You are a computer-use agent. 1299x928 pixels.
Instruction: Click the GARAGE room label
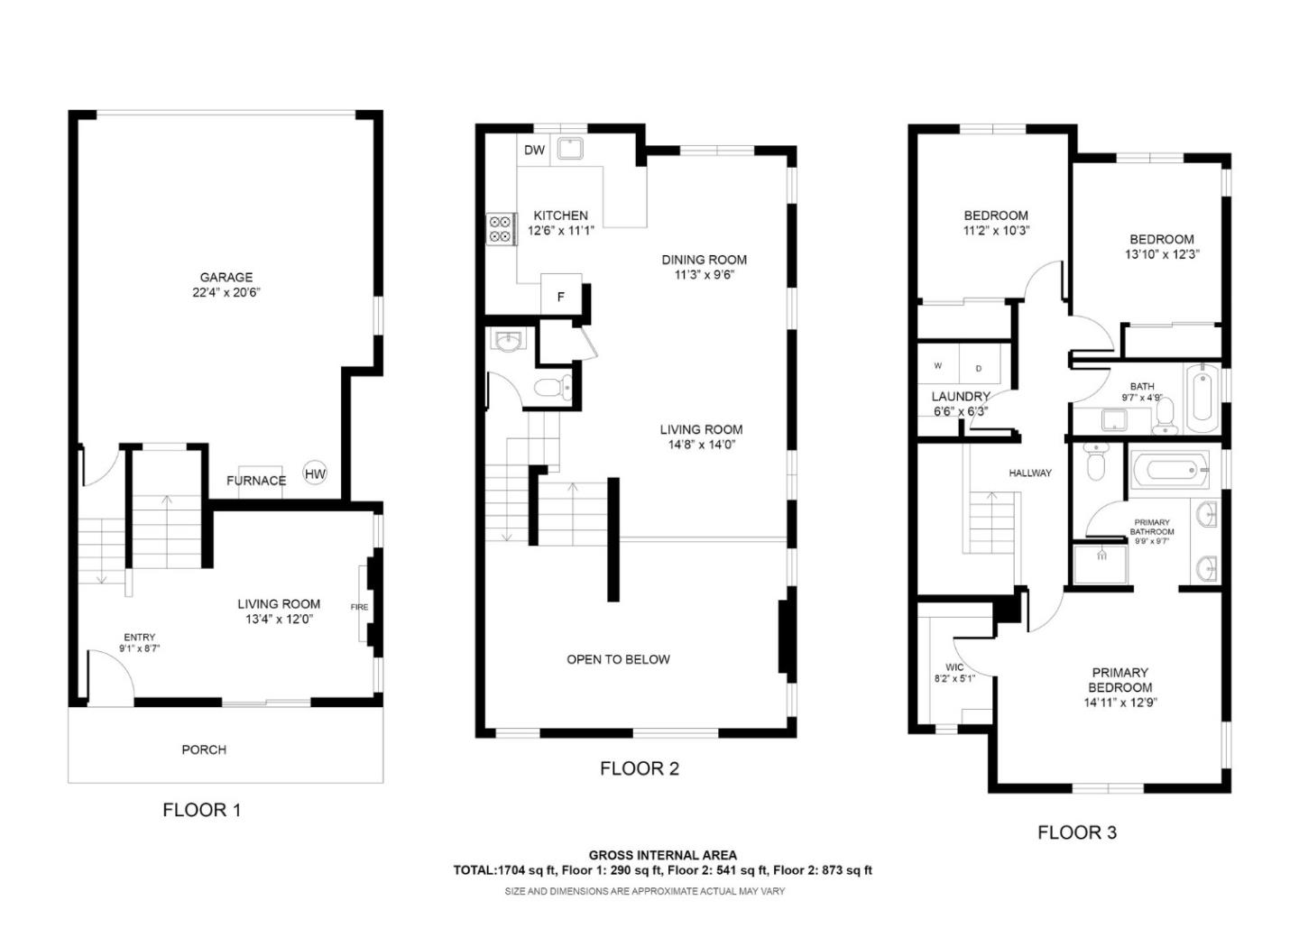pyautogui.click(x=226, y=277)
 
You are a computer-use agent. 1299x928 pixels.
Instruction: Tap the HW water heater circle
pyautogui.click(x=315, y=473)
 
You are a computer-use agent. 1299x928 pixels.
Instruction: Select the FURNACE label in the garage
pyautogui.click(x=256, y=481)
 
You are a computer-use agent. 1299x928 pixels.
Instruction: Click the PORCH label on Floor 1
pyautogui.click(x=204, y=749)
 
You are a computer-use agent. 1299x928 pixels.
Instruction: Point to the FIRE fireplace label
pyautogui.click(x=359, y=607)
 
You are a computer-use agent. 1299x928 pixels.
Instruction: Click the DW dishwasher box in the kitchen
pyautogui.click(x=534, y=150)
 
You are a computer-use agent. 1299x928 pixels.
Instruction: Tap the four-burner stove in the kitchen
pyautogui.click(x=501, y=229)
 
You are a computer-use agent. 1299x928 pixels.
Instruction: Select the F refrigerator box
pyautogui.click(x=560, y=296)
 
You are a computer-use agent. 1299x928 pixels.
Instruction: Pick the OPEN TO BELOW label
pyautogui.click(x=618, y=659)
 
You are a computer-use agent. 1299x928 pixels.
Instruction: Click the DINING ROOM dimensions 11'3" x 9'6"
pyautogui.click(x=704, y=274)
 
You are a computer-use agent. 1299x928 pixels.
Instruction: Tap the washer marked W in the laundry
pyautogui.click(x=938, y=366)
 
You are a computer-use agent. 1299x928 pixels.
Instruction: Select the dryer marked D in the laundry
pyautogui.click(x=980, y=367)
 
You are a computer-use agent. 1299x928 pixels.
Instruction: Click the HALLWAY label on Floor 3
pyautogui.click(x=1029, y=473)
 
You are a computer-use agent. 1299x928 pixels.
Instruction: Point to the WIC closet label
pyautogui.click(x=954, y=667)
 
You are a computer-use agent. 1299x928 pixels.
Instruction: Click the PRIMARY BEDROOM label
pyautogui.click(x=1119, y=680)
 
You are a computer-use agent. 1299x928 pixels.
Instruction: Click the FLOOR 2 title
pyautogui.click(x=639, y=768)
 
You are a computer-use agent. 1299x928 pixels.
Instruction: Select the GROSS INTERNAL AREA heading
pyautogui.click(x=662, y=855)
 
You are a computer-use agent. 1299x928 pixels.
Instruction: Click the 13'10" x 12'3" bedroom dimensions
pyautogui.click(x=1161, y=254)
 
